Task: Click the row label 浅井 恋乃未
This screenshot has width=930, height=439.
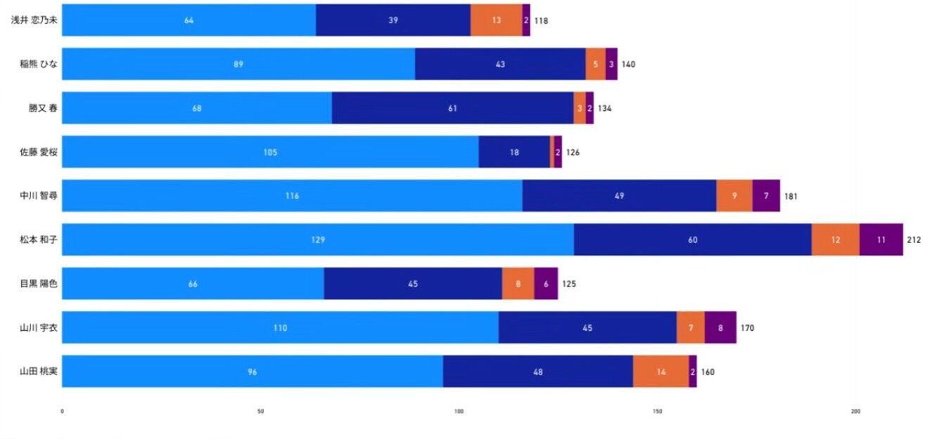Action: coord(34,20)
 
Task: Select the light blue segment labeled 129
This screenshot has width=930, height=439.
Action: coord(318,240)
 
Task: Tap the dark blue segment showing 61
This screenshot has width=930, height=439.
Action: coord(452,108)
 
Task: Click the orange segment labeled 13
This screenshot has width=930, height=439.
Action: coord(497,20)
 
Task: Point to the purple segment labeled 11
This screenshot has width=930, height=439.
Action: coord(881,240)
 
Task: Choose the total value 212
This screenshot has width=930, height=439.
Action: coord(914,240)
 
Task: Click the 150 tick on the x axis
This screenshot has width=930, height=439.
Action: coord(658,412)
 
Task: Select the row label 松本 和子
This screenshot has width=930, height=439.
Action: coord(39,240)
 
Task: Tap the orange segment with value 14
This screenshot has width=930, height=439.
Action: coord(661,372)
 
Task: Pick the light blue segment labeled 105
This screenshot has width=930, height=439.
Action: coord(270,152)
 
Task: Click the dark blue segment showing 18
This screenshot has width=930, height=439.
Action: coord(514,152)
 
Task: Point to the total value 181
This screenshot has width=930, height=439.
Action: coord(791,196)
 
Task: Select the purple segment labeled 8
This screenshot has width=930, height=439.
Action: coord(720,327)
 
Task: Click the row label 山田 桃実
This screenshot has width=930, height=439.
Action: coord(39,372)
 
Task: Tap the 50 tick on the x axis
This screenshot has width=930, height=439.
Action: coord(261,412)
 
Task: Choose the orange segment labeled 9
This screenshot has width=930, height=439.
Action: coord(734,196)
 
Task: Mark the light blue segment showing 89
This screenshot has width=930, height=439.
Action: coord(238,64)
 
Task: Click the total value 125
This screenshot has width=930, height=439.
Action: coord(568,284)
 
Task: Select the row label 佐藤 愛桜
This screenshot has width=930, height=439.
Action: coord(39,152)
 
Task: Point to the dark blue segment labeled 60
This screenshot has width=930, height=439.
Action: coord(693,240)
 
